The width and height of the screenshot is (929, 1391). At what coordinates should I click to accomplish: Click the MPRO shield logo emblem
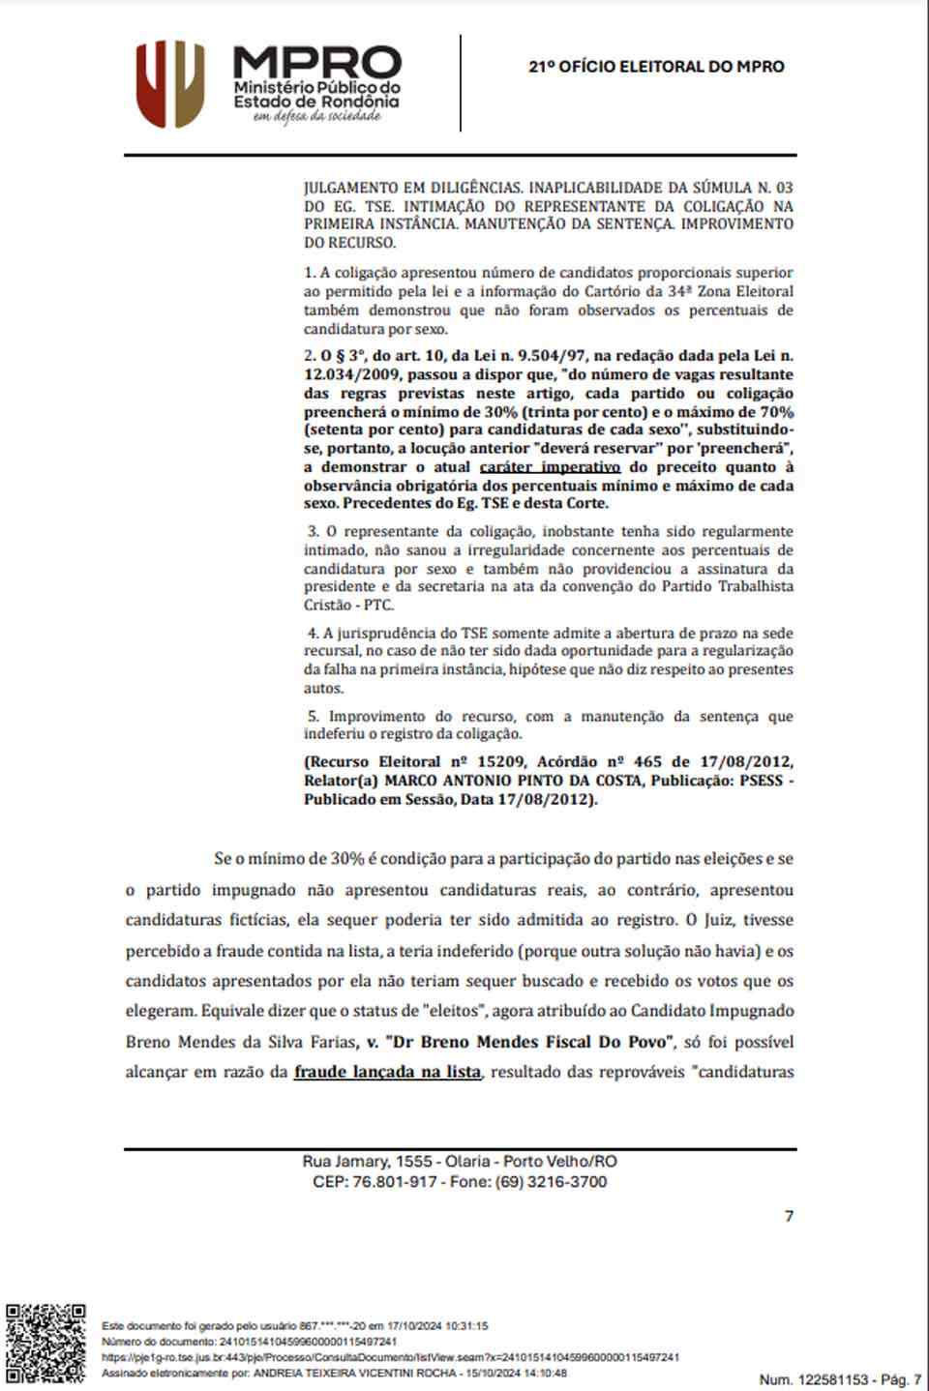(170, 84)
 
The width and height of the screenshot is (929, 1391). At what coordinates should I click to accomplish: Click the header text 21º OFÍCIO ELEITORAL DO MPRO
(656, 67)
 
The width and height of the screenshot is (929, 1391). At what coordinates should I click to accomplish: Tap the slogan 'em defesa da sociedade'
(316, 117)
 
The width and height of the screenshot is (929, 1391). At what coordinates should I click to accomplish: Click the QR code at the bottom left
(45, 1344)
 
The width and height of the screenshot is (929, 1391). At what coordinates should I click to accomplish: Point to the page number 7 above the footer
(789, 1216)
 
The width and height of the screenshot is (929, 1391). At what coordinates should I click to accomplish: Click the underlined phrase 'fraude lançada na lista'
(387, 1072)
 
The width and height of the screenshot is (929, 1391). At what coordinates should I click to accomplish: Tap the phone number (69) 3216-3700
(552, 1182)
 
